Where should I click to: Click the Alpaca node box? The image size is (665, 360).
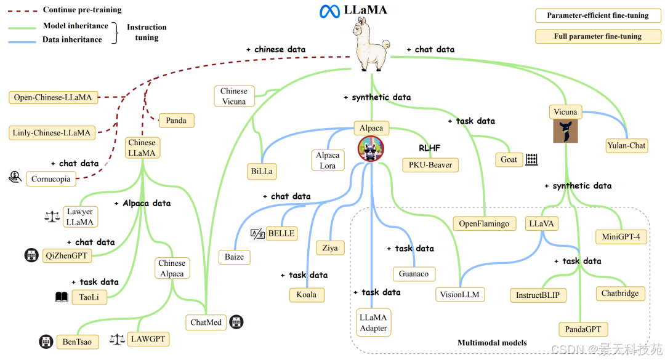371,129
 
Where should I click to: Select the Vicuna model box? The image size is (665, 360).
565,112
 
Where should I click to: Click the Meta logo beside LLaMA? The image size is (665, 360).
330,11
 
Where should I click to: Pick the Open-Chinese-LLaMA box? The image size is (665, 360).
52,97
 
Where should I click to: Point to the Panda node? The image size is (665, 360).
176,121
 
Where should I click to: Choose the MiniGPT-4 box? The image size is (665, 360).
621,236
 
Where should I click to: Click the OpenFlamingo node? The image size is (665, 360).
484,223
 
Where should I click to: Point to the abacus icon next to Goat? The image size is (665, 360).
532,159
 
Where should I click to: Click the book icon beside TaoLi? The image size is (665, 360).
62,297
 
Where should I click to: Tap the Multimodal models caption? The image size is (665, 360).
492,343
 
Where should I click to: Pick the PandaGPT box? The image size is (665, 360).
582,330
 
